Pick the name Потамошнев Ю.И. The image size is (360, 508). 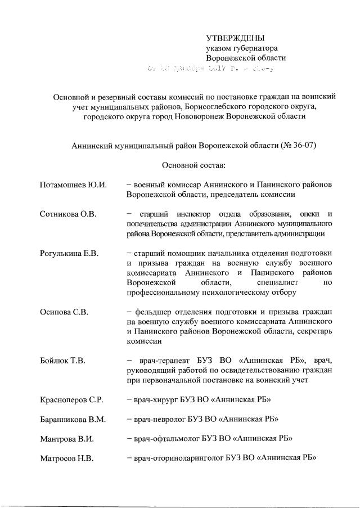(x=74, y=185)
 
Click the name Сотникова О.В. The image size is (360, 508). (x=67, y=214)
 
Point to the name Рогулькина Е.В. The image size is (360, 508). (x=70, y=253)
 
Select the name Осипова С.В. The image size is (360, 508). (x=64, y=312)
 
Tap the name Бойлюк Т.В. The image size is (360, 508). (x=63, y=360)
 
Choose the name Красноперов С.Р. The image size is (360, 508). (x=71, y=399)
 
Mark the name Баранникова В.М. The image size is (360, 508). (x=74, y=419)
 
